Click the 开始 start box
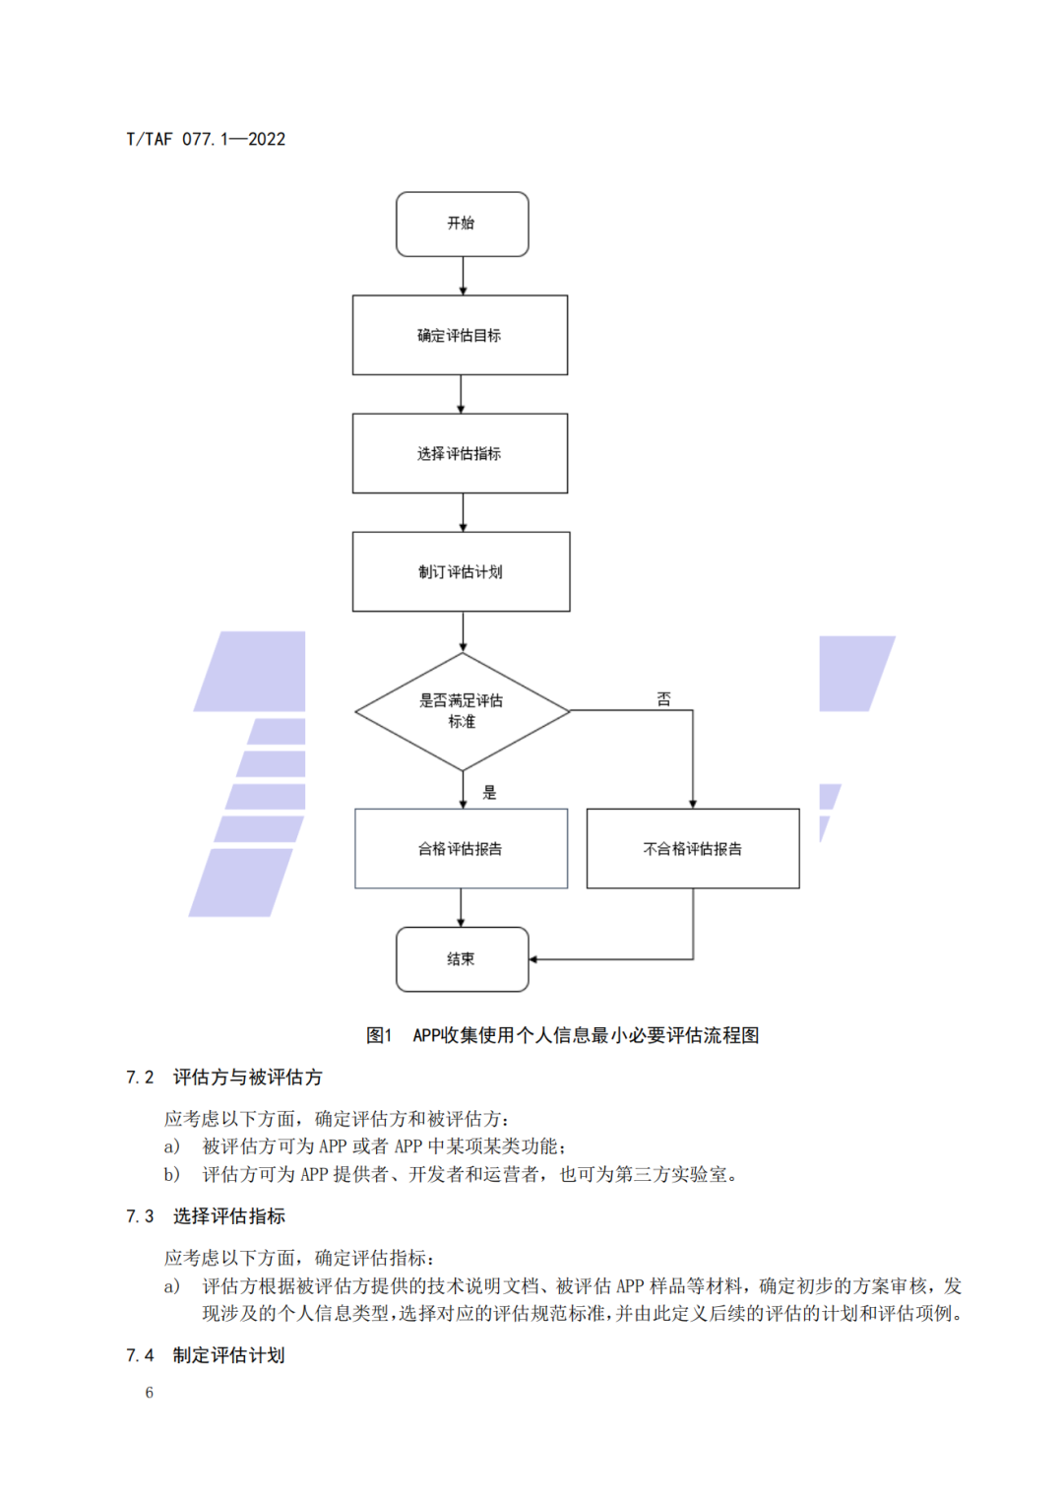pyautogui.click(x=462, y=225)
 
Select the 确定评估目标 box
pyautogui.click(x=460, y=335)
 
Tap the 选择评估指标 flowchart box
pyautogui.click(x=460, y=453)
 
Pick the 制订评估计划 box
pyautogui.click(x=461, y=571)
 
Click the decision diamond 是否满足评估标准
pyautogui.click(x=462, y=711)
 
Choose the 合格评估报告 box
pyautogui.click(x=461, y=848)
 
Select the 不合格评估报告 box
pyautogui.click(x=693, y=848)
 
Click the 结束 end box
pyautogui.click(x=462, y=958)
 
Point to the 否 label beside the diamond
pyautogui.click(x=664, y=699)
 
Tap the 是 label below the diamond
pyautogui.click(x=489, y=793)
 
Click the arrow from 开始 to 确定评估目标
pyautogui.click(x=463, y=276)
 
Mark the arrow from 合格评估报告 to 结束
pyautogui.click(x=461, y=907)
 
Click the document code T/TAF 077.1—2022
pyautogui.click(x=206, y=139)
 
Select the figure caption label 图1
pyautogui.click(x=379, y=1035)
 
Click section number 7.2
pyautogui.click(x=140, y=1078)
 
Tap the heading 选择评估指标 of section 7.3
pyautogui.click(x=229, y=1216)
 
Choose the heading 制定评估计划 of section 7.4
pyautogui.click(x=229, y=1355)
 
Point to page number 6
pyautogui.click(x=150, y=1393)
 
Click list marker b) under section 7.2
pyautogui.click(x=172, y=1174)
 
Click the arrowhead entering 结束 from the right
pyautogui.click(x=533, y=958)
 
